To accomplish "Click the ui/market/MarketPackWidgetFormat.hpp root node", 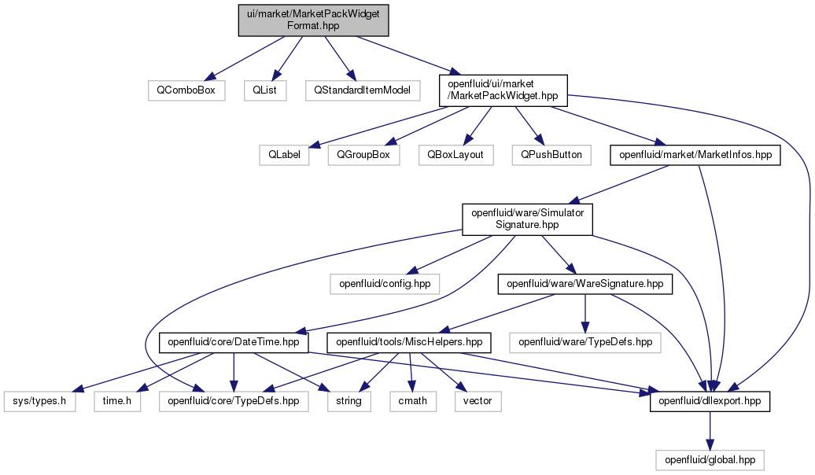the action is pyautogui.click(x=313, y=20).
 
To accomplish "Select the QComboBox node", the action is pyautogui.click(x=186, y=90).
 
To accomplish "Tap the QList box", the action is pyautogui.click(x=264, y=90).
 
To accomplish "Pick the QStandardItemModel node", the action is pyautogui.click(x=363, y=90).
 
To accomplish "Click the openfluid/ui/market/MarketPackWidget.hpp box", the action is pyautogui.click(x=503, y=90).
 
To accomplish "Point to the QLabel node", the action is pyautogui.click(x=284, y=155).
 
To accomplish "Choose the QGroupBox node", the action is pyautogui.click(x=363, y=155).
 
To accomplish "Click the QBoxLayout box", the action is pyautogui.click(x=455, y=155).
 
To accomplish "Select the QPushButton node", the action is pyautogui.click(x=551, y=155).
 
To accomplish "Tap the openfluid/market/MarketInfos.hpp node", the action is pyautogui.click(x=695, y=155).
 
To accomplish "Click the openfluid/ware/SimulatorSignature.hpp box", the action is pyautogui.click(x=528, y=219).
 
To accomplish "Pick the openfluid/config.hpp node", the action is pyautogui.click(x=385, y=284).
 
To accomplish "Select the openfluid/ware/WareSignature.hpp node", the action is pyautogui.click(x=585, y=284).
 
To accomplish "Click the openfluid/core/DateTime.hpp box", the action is pyautogui.click(x=234, y=342).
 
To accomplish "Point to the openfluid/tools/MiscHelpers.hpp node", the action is pyautogui.click(x=409, y=342).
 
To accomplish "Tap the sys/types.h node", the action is pyautogui.click(x=39, y=401).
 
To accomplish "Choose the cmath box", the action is pyautogui.click(x=413, y=401).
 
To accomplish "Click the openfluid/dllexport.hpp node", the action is pyautogui.click(x=710, y=401).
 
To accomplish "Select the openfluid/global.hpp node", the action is pyautogui.click(x=710, y=460).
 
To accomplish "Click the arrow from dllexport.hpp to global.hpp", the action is pyautogui.click(x=710, y=431).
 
